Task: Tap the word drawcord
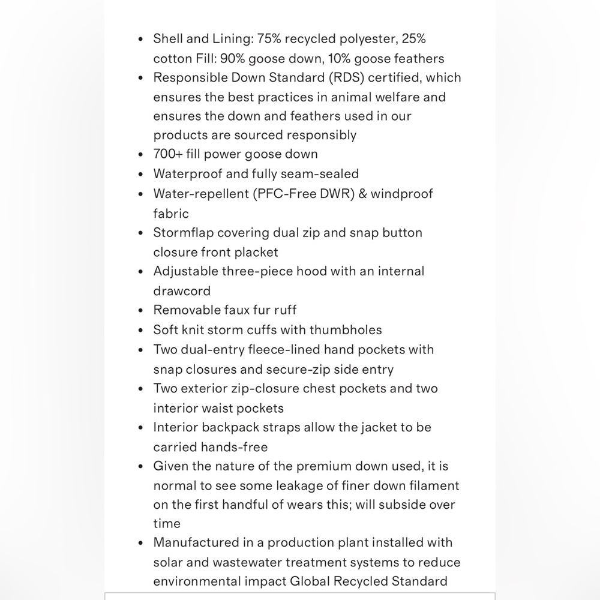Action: (182, 291)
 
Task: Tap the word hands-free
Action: (236, 447)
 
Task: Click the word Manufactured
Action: (196, 542)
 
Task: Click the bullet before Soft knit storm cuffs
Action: (140, 330)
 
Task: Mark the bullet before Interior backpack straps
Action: (140, 428)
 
